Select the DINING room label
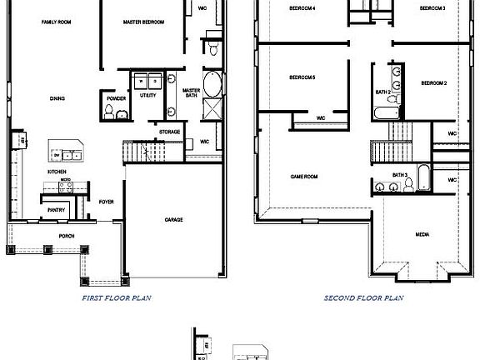point(57,98)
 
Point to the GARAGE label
point(173,220)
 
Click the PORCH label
point(67,236)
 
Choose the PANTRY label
point(57,210)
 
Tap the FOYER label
point(107,202)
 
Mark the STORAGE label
point(170,132)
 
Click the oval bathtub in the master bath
point(212,84)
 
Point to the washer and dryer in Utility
point(148,81)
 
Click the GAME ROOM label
point(304,177)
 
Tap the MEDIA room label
point(422,235)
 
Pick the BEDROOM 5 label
point(301,77)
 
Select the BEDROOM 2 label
point(434,83)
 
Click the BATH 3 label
point(400,175)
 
